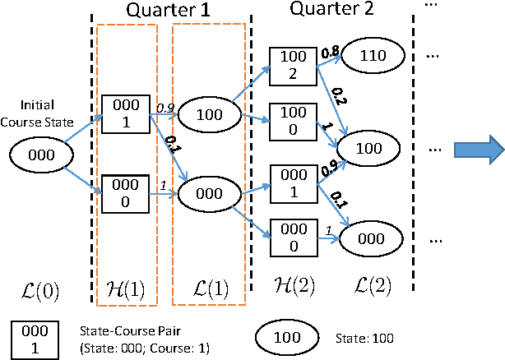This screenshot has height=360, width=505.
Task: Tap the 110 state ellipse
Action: click(373, 57)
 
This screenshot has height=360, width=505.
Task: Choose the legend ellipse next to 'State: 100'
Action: click(293, 336)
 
